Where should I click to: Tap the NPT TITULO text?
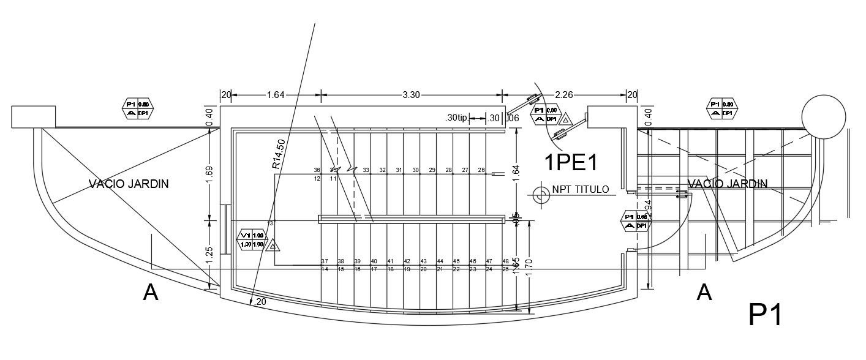[580, 189]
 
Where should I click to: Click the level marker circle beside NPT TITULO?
[540, 195]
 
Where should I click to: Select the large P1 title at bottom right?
[765, 315]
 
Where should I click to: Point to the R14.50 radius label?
[279, 154]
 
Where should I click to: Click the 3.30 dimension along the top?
[411, 95]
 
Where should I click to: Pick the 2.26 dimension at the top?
[563, 95]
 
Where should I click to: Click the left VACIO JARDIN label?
[129, 184]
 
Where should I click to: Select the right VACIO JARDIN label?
[728, 184]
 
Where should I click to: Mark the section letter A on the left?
[151, 293]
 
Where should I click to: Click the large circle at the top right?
[824, 116]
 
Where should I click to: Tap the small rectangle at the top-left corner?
[34, 116]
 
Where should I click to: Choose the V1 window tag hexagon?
[252, 239]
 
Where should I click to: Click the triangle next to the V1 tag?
[273, 246]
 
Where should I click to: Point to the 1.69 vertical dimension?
[209, 174]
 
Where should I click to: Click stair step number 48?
[505, 261]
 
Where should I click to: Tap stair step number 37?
[325, 261]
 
